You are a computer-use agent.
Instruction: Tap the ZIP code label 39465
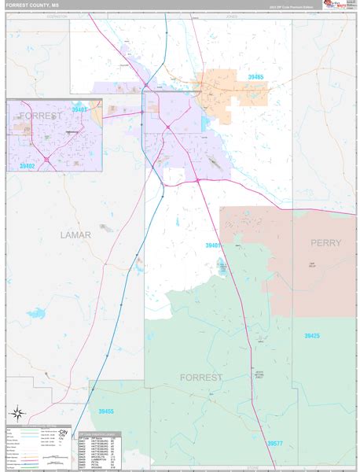pyautogui.click(x=254, y=77)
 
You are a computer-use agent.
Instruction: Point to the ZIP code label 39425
pyautogui.click(x=311, y=336)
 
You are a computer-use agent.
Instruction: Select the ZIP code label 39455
pyautogui.click(x=105, y=411)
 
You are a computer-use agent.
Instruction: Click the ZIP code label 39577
pyautogui.click(x=274, y=444)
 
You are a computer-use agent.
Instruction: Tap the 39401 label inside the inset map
pyautogui.click(x=80, y=111)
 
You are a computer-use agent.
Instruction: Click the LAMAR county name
pyautogui.click(x=75, y=235)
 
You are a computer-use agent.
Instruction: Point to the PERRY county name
pyautogui.click(x=325, y=243)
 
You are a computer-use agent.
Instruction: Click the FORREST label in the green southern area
pyautogui.click(x=201, y=378)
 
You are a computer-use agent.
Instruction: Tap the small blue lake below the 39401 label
pyautogui.click(x=222, y=267)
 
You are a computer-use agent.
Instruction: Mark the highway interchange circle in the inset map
pyautogui.click(x=46, y=160)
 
